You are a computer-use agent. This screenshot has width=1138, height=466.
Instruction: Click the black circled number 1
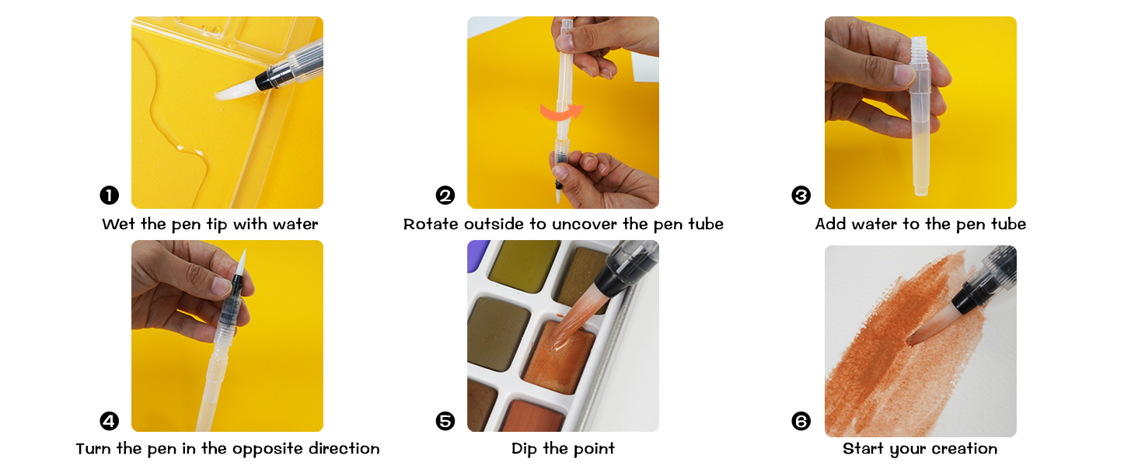coord(110,195)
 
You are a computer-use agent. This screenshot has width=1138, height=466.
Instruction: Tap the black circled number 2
coord(445,195)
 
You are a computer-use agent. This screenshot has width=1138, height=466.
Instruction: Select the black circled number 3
coord(801,195)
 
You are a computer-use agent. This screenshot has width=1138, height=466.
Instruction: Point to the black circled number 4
coord(110,421)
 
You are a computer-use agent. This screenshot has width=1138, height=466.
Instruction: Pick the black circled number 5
coord(445,421)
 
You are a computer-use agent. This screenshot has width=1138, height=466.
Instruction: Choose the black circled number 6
coord(801,421)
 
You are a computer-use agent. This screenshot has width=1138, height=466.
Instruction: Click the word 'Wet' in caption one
coord(118,224)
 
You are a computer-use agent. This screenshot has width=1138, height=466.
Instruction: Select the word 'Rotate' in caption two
coord(431,224)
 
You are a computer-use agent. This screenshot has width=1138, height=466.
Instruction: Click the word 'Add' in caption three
coord(831,224)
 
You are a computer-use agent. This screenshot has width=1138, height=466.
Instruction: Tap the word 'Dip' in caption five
coord(524,449)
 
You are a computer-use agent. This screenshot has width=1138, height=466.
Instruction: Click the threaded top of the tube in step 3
coord(919,45)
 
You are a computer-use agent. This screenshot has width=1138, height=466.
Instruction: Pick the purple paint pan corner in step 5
coord(476,254)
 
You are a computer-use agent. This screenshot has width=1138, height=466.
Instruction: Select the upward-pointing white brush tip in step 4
coord(241,262)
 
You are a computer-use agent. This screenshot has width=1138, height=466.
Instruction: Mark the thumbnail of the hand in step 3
coord(904,75)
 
